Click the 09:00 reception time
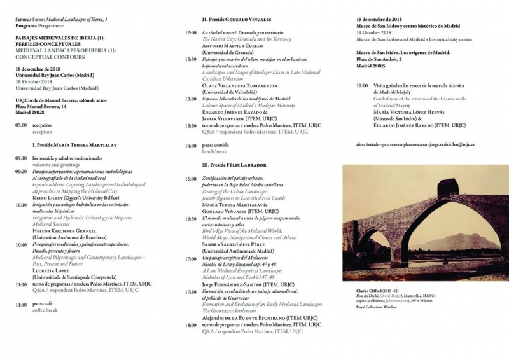pyautogui.click(x=20, y=126)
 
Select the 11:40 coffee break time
pyautogui.click(x=20, y=305)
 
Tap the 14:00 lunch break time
pyautogui.click(x=190, y=146)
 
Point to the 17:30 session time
pyautogui.click(x=190, y=292)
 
